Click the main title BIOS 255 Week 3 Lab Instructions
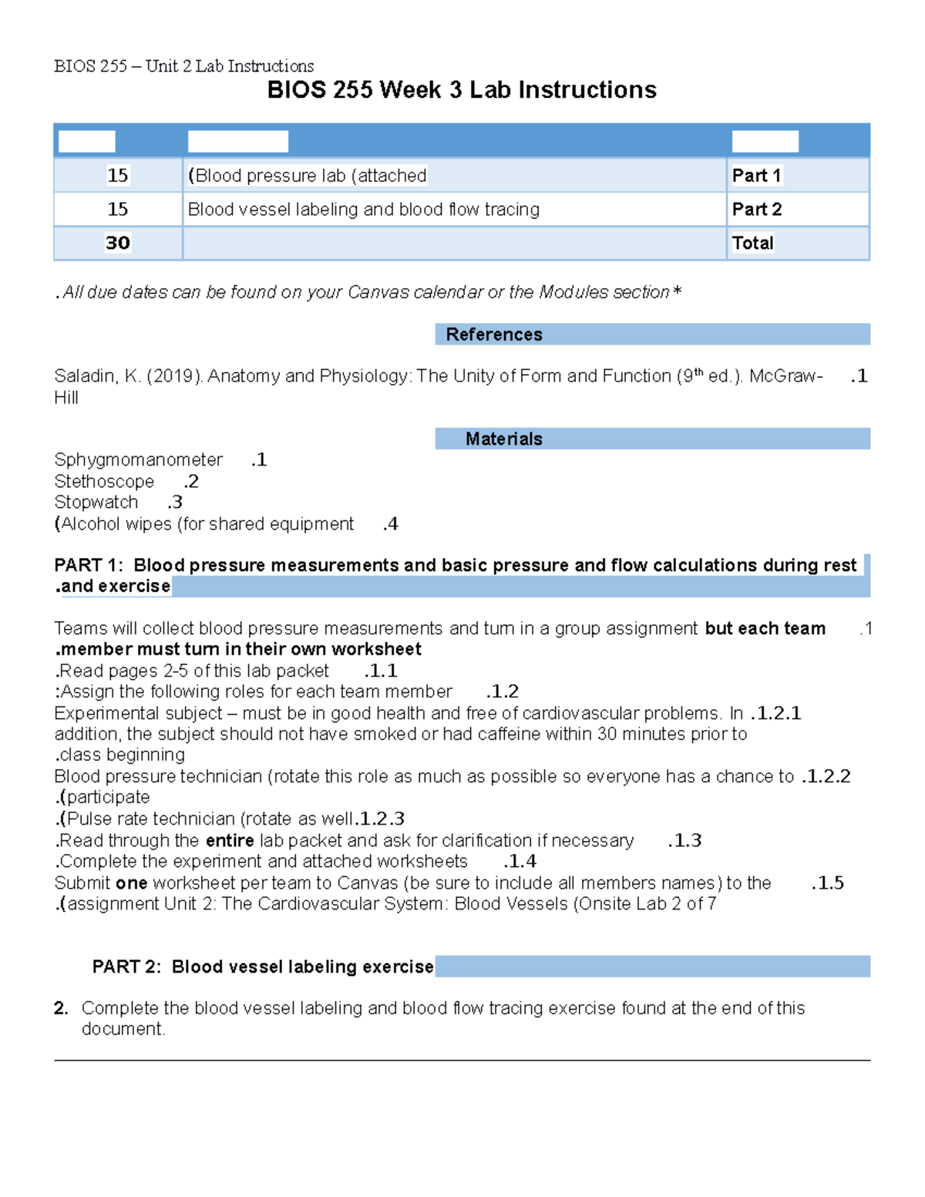(462, 90)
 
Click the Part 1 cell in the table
(756, 176)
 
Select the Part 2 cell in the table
(756, 210)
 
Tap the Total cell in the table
(752, 244)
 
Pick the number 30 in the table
(118, 244)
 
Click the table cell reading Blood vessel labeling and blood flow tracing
(364, 210)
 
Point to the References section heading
(494, 335)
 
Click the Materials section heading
(503, 439)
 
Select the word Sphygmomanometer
(138, 460)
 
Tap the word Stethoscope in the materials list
(104, 482)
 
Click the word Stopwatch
(96, 503)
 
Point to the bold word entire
(230, 841)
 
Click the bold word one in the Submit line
(131, 883)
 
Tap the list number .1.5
(827, 883)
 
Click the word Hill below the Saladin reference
(66, 398)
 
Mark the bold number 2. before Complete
(61, 1008)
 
